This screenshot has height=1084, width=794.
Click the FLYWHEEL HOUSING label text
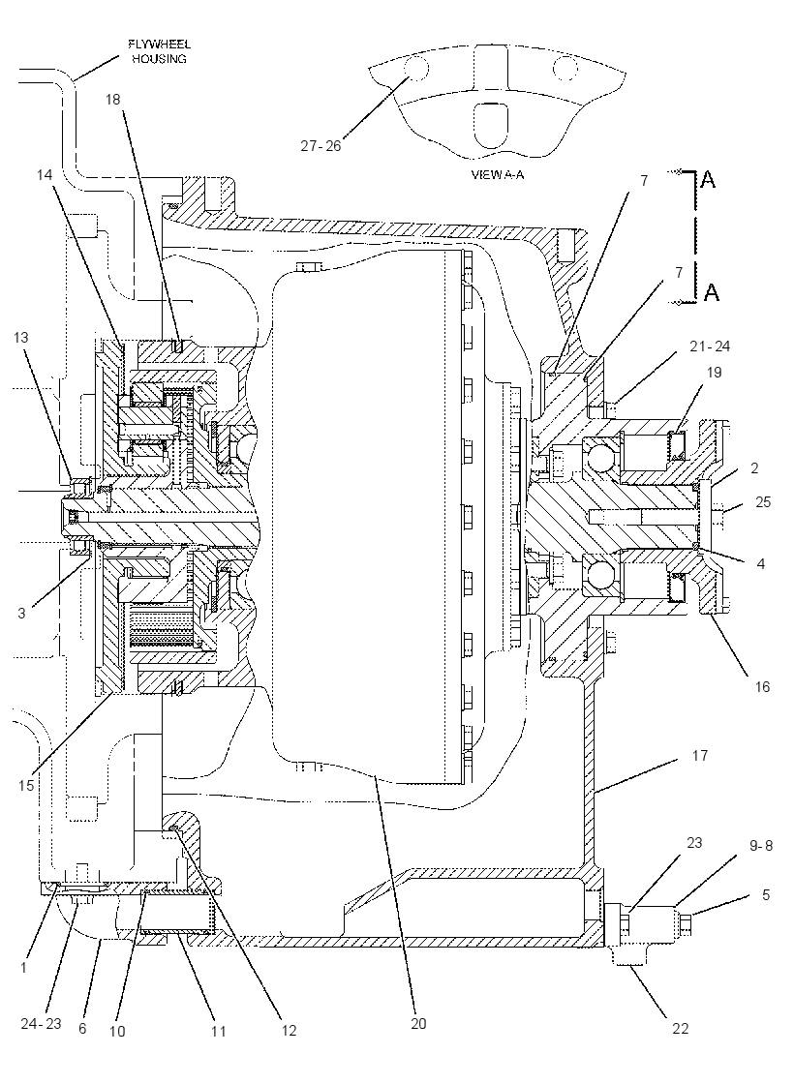(x=159, y=52)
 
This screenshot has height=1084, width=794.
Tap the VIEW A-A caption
(x=498, y=175)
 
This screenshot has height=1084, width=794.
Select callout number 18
(x=112, y=100)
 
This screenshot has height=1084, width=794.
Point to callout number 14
(x=45, y=175)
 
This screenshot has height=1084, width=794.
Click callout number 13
(x=20, y=337)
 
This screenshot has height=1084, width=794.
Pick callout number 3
(x=21, y=613)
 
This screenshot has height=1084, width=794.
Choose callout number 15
(x=26, y=785)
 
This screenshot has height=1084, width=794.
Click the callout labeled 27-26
(x=321, y=146)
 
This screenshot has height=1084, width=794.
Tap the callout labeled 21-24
(x=709, y=346)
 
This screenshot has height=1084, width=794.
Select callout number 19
(x=714, y=372)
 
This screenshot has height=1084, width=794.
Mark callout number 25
(x=762, y=502)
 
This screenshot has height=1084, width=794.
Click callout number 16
(x=761, y=686)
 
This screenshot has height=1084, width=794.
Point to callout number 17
(x=700, y=756)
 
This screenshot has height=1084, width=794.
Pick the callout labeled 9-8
(x=761, y=846)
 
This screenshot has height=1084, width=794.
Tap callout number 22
(x=681, y=1028)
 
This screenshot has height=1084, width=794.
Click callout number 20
(x=418, y=1024)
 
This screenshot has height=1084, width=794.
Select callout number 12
(x=289, y=1030)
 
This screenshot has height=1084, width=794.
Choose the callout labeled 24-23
(x=41, y=1023)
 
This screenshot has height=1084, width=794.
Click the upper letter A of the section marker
(x=708, y=180)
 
